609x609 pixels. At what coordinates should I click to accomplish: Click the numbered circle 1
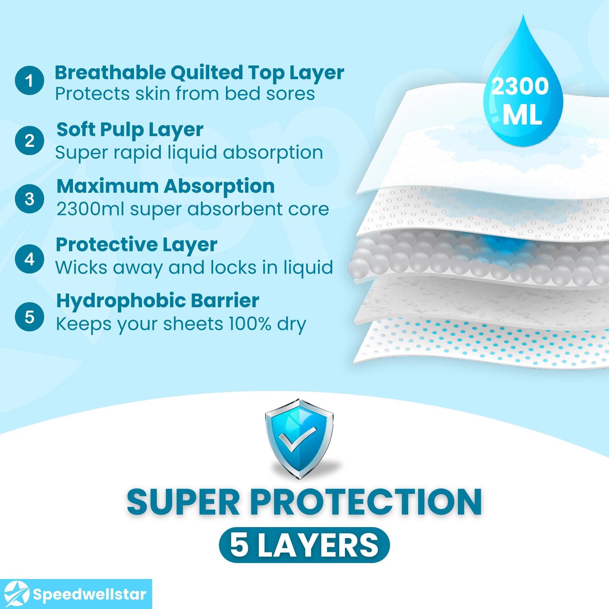point(29,81)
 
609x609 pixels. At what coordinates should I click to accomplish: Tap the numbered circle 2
point(29,140)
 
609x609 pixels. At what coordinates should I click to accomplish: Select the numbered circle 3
point(29,199)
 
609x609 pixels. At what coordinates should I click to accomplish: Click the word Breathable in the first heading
point(110,73)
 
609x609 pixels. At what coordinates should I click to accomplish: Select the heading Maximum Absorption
point(165,186)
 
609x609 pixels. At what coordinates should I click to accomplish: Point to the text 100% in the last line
point(250,324)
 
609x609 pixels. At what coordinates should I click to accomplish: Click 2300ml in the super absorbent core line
point(90,209)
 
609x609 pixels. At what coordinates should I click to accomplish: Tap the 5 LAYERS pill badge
point(304,545)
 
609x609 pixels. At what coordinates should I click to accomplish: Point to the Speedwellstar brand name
point(89,594)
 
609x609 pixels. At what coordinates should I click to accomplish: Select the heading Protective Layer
point(136,245)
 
